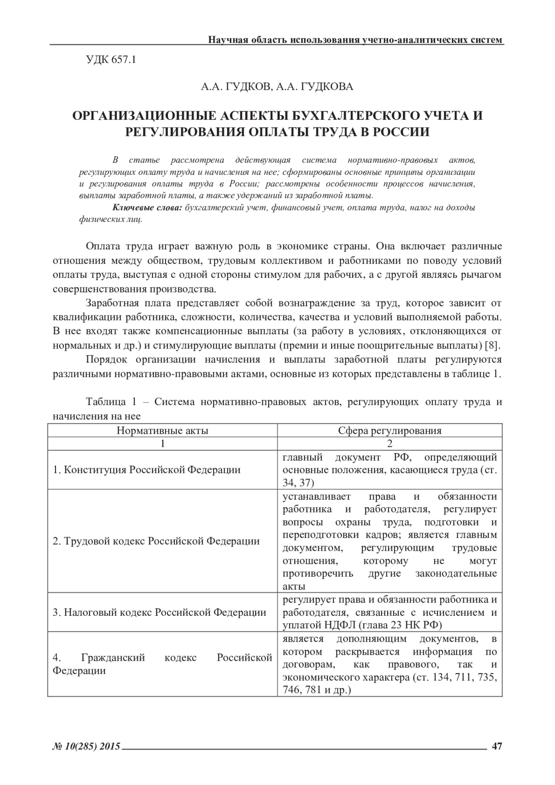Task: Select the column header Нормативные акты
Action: [x=162, y=430]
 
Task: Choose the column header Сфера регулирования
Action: [x=389, y=430]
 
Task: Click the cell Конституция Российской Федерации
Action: [x=147, y=470]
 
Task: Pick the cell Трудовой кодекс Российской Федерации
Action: [x=156, y=541]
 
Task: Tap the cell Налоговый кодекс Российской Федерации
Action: [x=160, y=613]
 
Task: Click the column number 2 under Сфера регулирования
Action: [x=389, y=443]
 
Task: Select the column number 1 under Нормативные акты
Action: [x=162, y=443]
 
